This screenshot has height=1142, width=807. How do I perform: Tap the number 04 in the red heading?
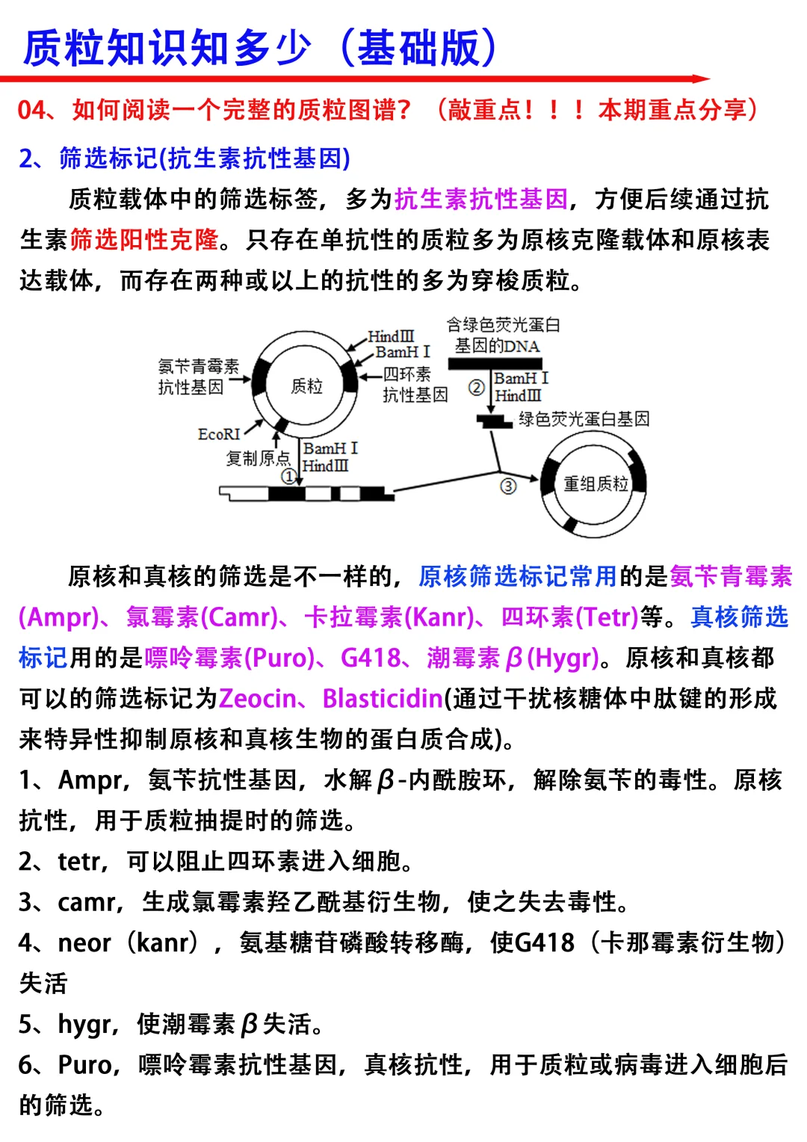coord(32,111)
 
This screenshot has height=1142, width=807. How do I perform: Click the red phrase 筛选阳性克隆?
coord(144,240)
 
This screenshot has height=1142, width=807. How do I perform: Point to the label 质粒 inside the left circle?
coord(306,386)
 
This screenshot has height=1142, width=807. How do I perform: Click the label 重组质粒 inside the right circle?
coord(596,484)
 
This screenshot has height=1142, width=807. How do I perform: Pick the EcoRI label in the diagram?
coord(219,434)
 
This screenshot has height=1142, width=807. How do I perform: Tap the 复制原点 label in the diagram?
coord(258,457)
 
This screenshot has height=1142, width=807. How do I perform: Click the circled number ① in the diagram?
coord(288,476)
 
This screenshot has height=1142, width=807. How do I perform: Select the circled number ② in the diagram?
coord(476,387)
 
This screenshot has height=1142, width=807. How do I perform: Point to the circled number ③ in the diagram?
coord(508,486)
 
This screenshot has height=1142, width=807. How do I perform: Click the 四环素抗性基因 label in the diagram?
coord(414,384)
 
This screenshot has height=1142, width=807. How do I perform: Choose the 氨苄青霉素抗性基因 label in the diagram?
coord(197,376)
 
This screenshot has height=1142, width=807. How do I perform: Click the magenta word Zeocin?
coord(257,699)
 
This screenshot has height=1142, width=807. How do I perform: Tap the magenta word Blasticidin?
coord(382,699)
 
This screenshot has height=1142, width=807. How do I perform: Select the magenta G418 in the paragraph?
coord(371,658)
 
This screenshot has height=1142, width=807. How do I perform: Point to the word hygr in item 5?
coord(84,1025)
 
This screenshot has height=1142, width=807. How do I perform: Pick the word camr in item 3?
coord(88,903)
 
